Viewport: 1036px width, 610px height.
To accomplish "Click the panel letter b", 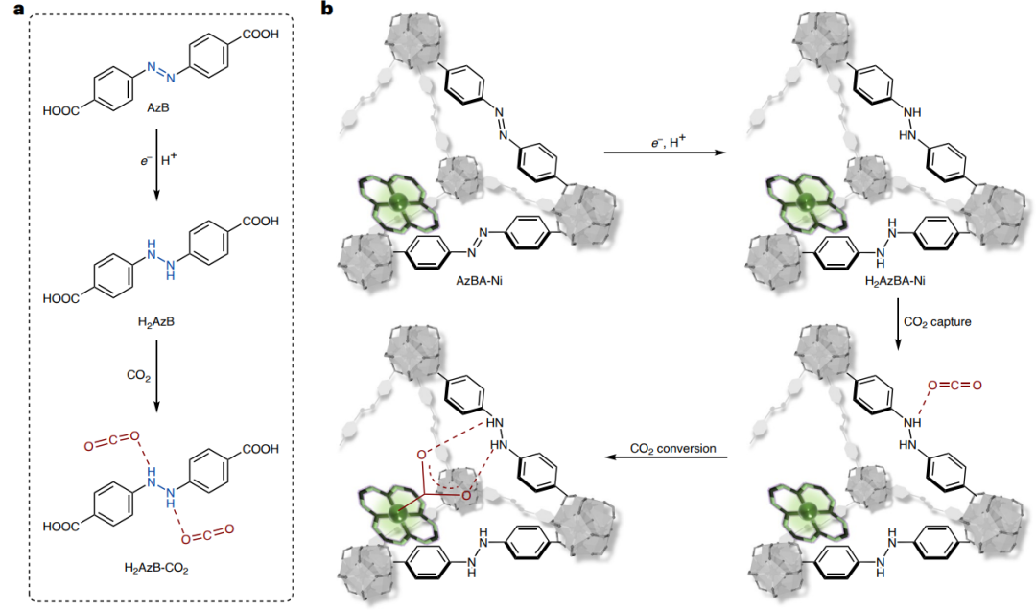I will click(x=328, y=10).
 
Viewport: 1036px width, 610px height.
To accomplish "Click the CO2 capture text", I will click(x=939, y=321).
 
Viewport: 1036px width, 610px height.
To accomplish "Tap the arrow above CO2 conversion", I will click(x=671, y=458).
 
